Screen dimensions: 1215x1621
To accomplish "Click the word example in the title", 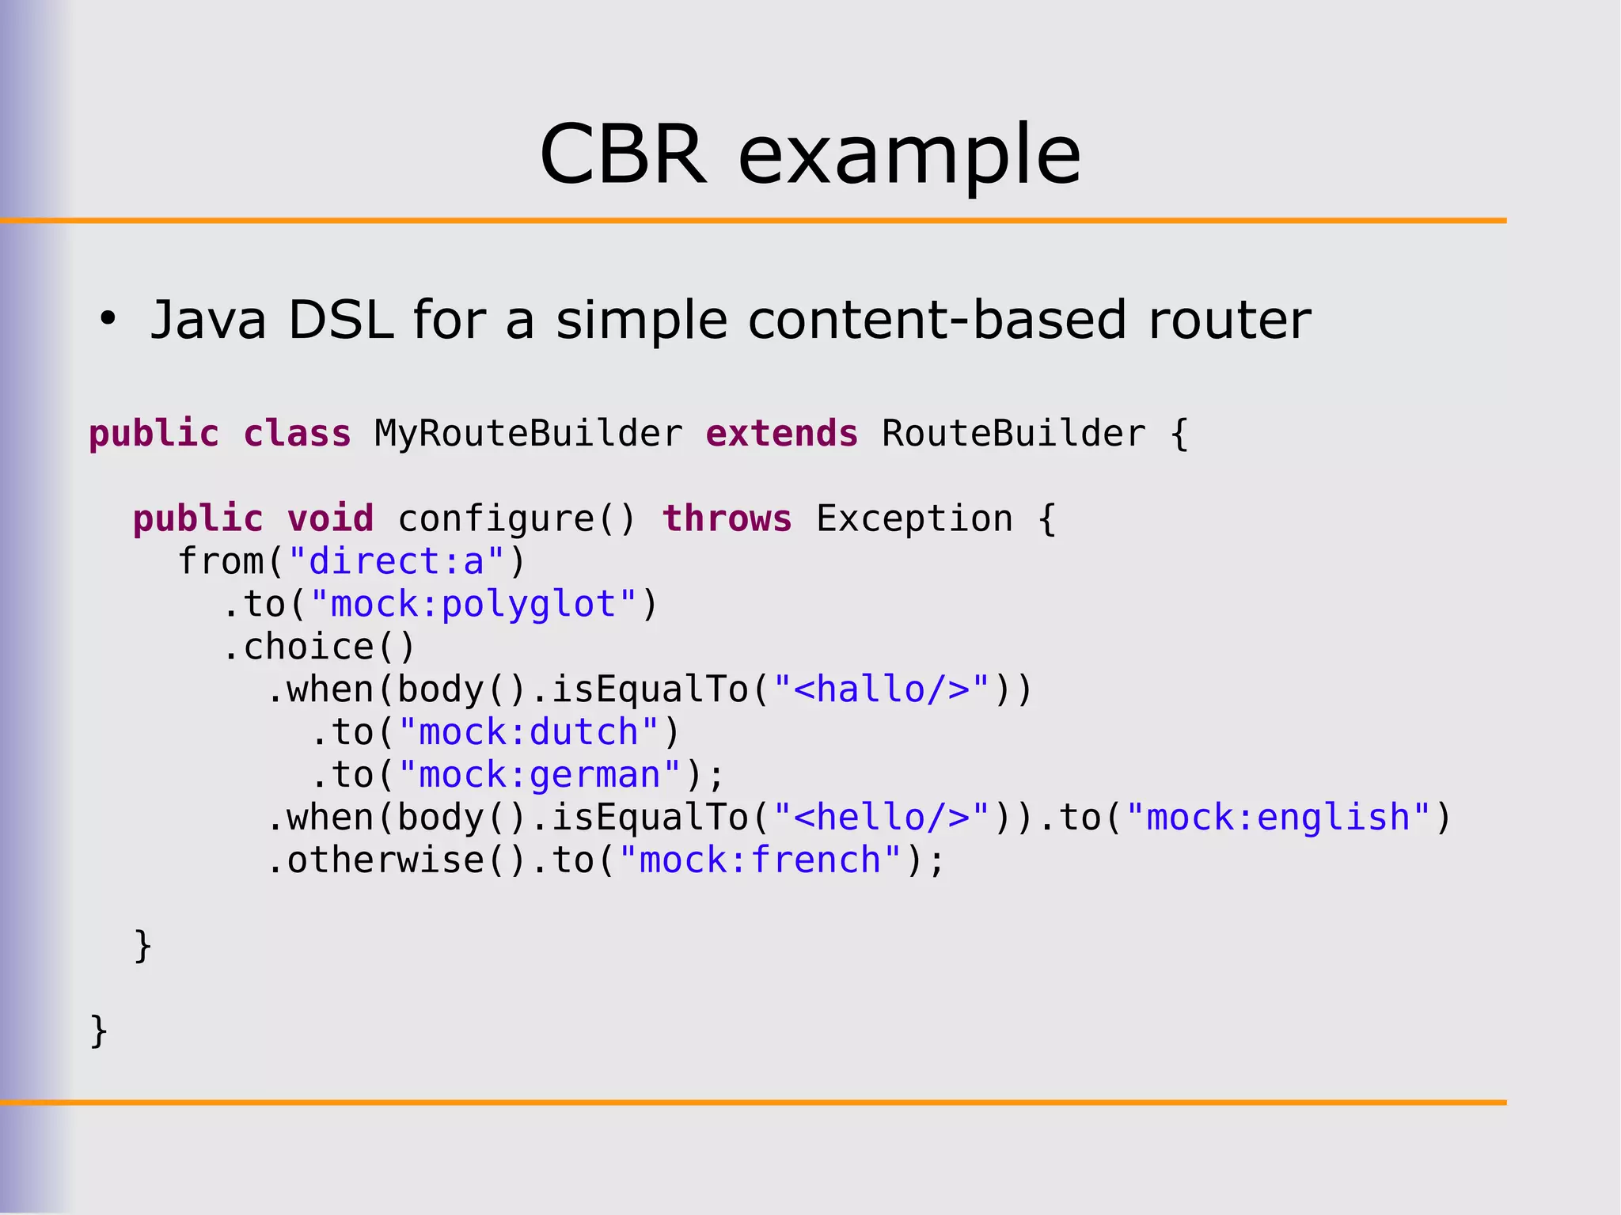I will click(909, 156).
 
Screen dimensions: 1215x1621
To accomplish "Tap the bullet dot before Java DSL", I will click(108, 320).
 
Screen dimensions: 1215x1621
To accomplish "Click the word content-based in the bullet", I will click(937, 320).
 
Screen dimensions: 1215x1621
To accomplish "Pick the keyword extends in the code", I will click(781, 434).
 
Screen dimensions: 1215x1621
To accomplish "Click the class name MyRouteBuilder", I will click(528, 434).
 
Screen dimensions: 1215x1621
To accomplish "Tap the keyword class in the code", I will click(297, 434).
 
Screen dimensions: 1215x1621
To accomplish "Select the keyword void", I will click(330, 519).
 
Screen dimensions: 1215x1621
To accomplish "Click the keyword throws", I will click(727, 519).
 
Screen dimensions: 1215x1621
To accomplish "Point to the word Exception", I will click(914, 519).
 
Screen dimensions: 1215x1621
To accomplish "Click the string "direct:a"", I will click(397, 562).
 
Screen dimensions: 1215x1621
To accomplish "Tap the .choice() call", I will click(319, 647).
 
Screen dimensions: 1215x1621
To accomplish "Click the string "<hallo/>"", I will click(882, 689).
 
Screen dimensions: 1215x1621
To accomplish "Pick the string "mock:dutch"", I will click(529, 732).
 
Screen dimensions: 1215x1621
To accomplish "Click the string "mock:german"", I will click(540, 775).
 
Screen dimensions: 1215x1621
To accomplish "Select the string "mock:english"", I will click(1278, 818).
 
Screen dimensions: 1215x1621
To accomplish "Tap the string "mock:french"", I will click(760, 860).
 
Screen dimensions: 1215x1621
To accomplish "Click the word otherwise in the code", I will click(385, 860).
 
